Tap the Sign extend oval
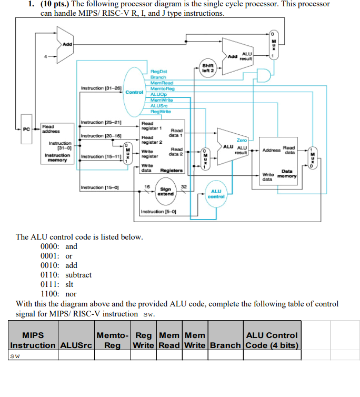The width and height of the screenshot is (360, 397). click(166, 191)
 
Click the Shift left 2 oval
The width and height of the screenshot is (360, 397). click(207, 68)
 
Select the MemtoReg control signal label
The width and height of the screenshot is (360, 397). click(161, 88)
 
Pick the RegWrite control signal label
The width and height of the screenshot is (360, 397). click(160, 111)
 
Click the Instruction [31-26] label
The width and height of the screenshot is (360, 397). click(101, 88)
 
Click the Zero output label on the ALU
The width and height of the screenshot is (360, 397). click(242, 140)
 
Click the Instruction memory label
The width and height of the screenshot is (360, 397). click(56, 158)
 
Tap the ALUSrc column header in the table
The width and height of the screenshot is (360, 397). click(76, 345)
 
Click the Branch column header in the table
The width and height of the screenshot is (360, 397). click(225, 345)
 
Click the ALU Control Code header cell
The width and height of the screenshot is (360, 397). click(272, 340)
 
